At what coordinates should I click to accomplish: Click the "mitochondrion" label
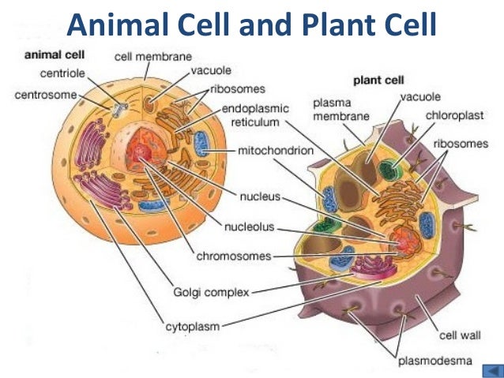(275, 149)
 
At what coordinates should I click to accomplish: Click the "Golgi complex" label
(209, 292)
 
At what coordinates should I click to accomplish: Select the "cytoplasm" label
(192, 325)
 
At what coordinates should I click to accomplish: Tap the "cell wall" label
(459, 335)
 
